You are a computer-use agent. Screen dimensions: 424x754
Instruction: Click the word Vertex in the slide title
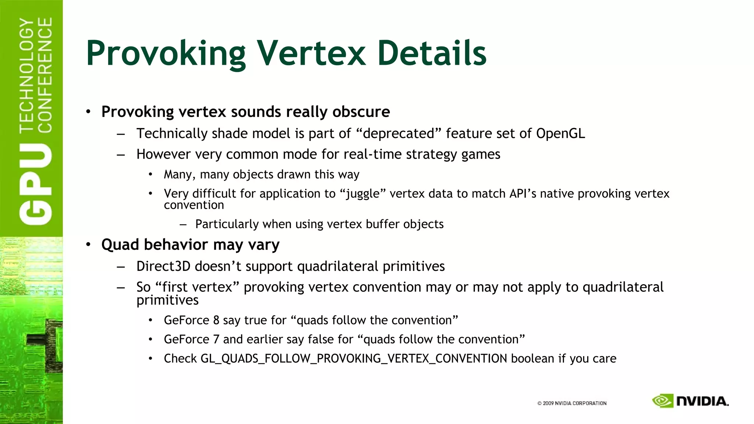311,53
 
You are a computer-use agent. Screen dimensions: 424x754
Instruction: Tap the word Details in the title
431,53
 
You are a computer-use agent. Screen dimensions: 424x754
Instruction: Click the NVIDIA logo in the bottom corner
690,401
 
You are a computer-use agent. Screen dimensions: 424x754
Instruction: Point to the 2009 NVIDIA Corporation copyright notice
572,403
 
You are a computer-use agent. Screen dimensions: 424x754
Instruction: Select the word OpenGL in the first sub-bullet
560,134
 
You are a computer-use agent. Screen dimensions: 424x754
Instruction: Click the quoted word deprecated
399,134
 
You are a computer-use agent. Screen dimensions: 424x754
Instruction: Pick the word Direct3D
163,266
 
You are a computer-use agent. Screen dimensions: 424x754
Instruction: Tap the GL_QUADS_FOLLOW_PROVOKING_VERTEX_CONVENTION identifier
353,359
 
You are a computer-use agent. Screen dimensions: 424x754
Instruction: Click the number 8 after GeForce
216,320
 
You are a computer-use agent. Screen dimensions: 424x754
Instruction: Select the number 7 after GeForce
216,339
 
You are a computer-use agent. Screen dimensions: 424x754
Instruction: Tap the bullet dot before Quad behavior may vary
88,244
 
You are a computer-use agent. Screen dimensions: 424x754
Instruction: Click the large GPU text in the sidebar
36,184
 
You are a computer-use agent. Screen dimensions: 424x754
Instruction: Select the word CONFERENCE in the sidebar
45,75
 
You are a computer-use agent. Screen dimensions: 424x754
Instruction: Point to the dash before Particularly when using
183,224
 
